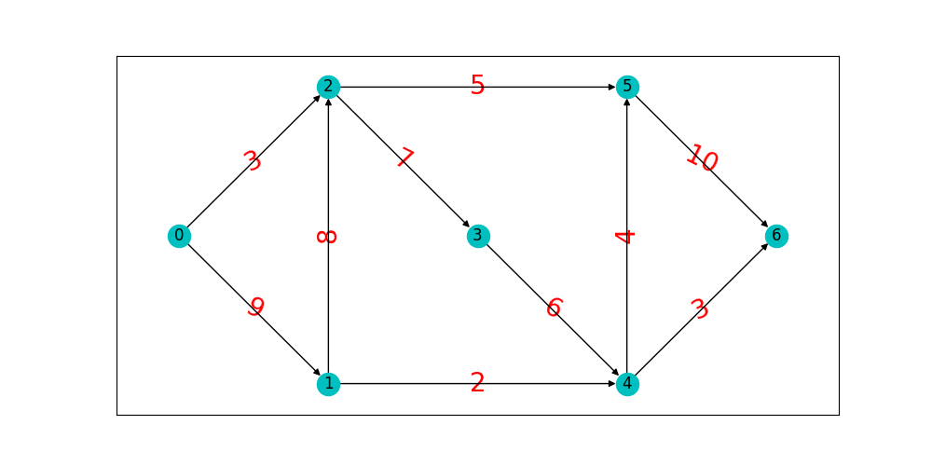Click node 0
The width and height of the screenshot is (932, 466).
[179, 236]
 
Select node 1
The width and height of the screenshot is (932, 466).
[328, 383]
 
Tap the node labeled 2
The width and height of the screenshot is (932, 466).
[328, 87]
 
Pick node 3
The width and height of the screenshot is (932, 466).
[477, 236]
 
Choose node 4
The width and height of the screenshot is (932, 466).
[627, 383]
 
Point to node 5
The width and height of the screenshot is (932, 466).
[627, 87]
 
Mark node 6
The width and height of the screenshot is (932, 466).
[776, 236]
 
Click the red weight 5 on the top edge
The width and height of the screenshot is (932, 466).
[477, 86]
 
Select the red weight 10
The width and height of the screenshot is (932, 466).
[702, 159]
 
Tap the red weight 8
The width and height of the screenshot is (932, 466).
[327, 236]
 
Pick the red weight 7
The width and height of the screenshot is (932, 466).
[403, 159]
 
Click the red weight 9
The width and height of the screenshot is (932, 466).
[255, 307]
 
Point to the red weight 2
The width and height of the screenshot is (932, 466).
[477, 383]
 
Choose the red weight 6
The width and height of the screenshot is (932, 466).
[554, 308]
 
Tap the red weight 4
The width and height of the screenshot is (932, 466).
[626, 236]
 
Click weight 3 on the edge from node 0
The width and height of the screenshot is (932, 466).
[253, 161]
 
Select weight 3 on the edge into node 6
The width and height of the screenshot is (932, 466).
[700, 309]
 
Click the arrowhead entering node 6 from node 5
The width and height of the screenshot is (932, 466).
[764, 225]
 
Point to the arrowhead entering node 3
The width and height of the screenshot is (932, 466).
[465, 224]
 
